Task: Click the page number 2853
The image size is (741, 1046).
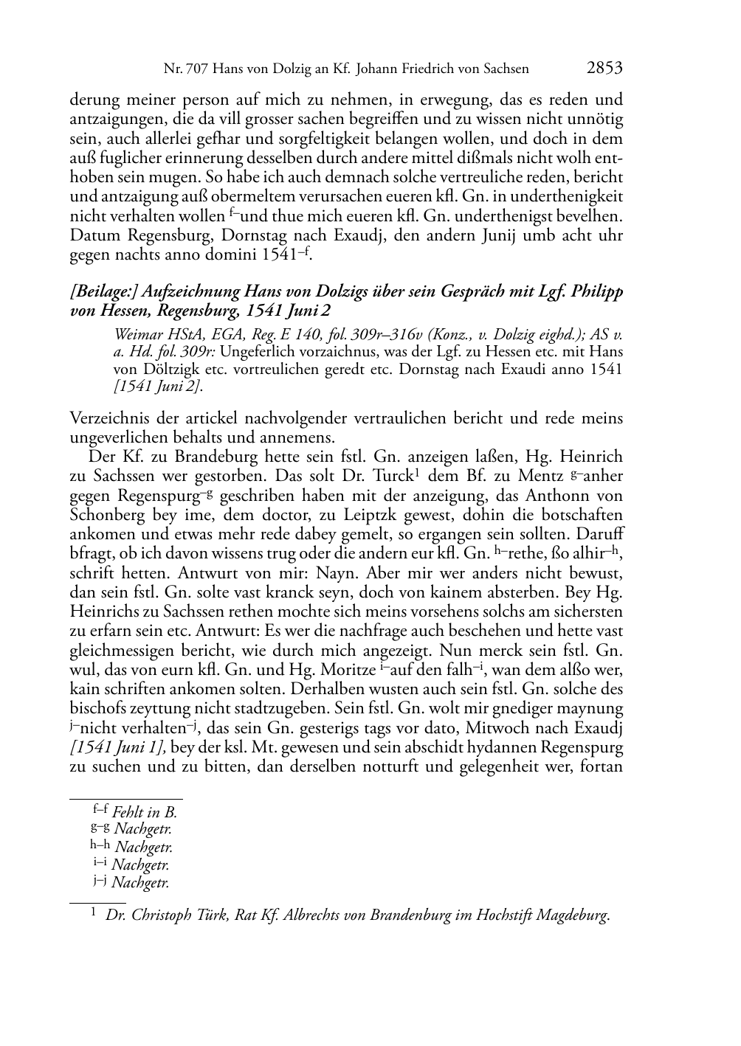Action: [x=604, y=69]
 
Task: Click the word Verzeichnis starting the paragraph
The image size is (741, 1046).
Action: [x=108, y=419]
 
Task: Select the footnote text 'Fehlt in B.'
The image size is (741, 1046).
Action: [x=145, y=813]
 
